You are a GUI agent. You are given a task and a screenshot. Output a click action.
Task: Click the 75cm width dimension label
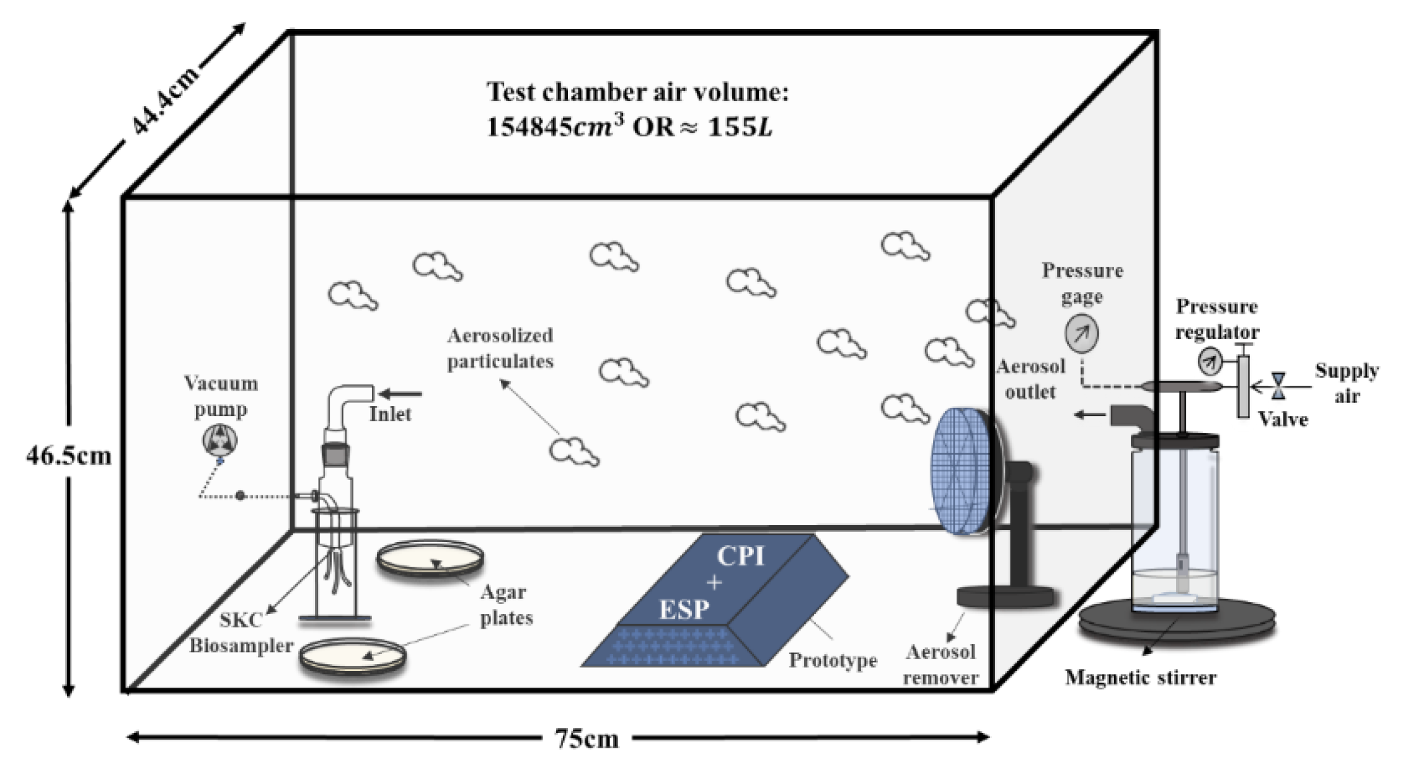[586, 738]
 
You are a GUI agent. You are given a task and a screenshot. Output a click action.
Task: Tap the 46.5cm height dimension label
[68, 456]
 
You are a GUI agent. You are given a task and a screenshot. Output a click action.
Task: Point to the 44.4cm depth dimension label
[164, 99]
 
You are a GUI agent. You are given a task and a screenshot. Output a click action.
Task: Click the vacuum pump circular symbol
[219, 441]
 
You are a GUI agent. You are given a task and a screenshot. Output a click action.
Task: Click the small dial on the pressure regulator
[1209, 361]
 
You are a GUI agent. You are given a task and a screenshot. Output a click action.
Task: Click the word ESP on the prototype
[683, 610]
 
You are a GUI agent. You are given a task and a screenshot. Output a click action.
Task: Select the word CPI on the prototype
[740, 556]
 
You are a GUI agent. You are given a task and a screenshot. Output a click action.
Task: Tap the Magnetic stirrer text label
[1140, 678]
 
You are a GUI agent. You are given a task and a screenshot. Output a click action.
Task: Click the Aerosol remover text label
[940, 665]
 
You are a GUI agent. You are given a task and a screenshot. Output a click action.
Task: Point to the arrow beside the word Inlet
[401, 394]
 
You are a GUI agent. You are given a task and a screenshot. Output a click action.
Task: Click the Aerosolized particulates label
[500, 348]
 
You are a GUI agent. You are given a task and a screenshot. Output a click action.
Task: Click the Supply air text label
[1347, 383]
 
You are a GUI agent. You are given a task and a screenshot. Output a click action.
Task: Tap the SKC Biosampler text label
[241, 633]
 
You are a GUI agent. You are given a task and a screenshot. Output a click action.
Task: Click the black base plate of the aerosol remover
[1004, 596]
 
